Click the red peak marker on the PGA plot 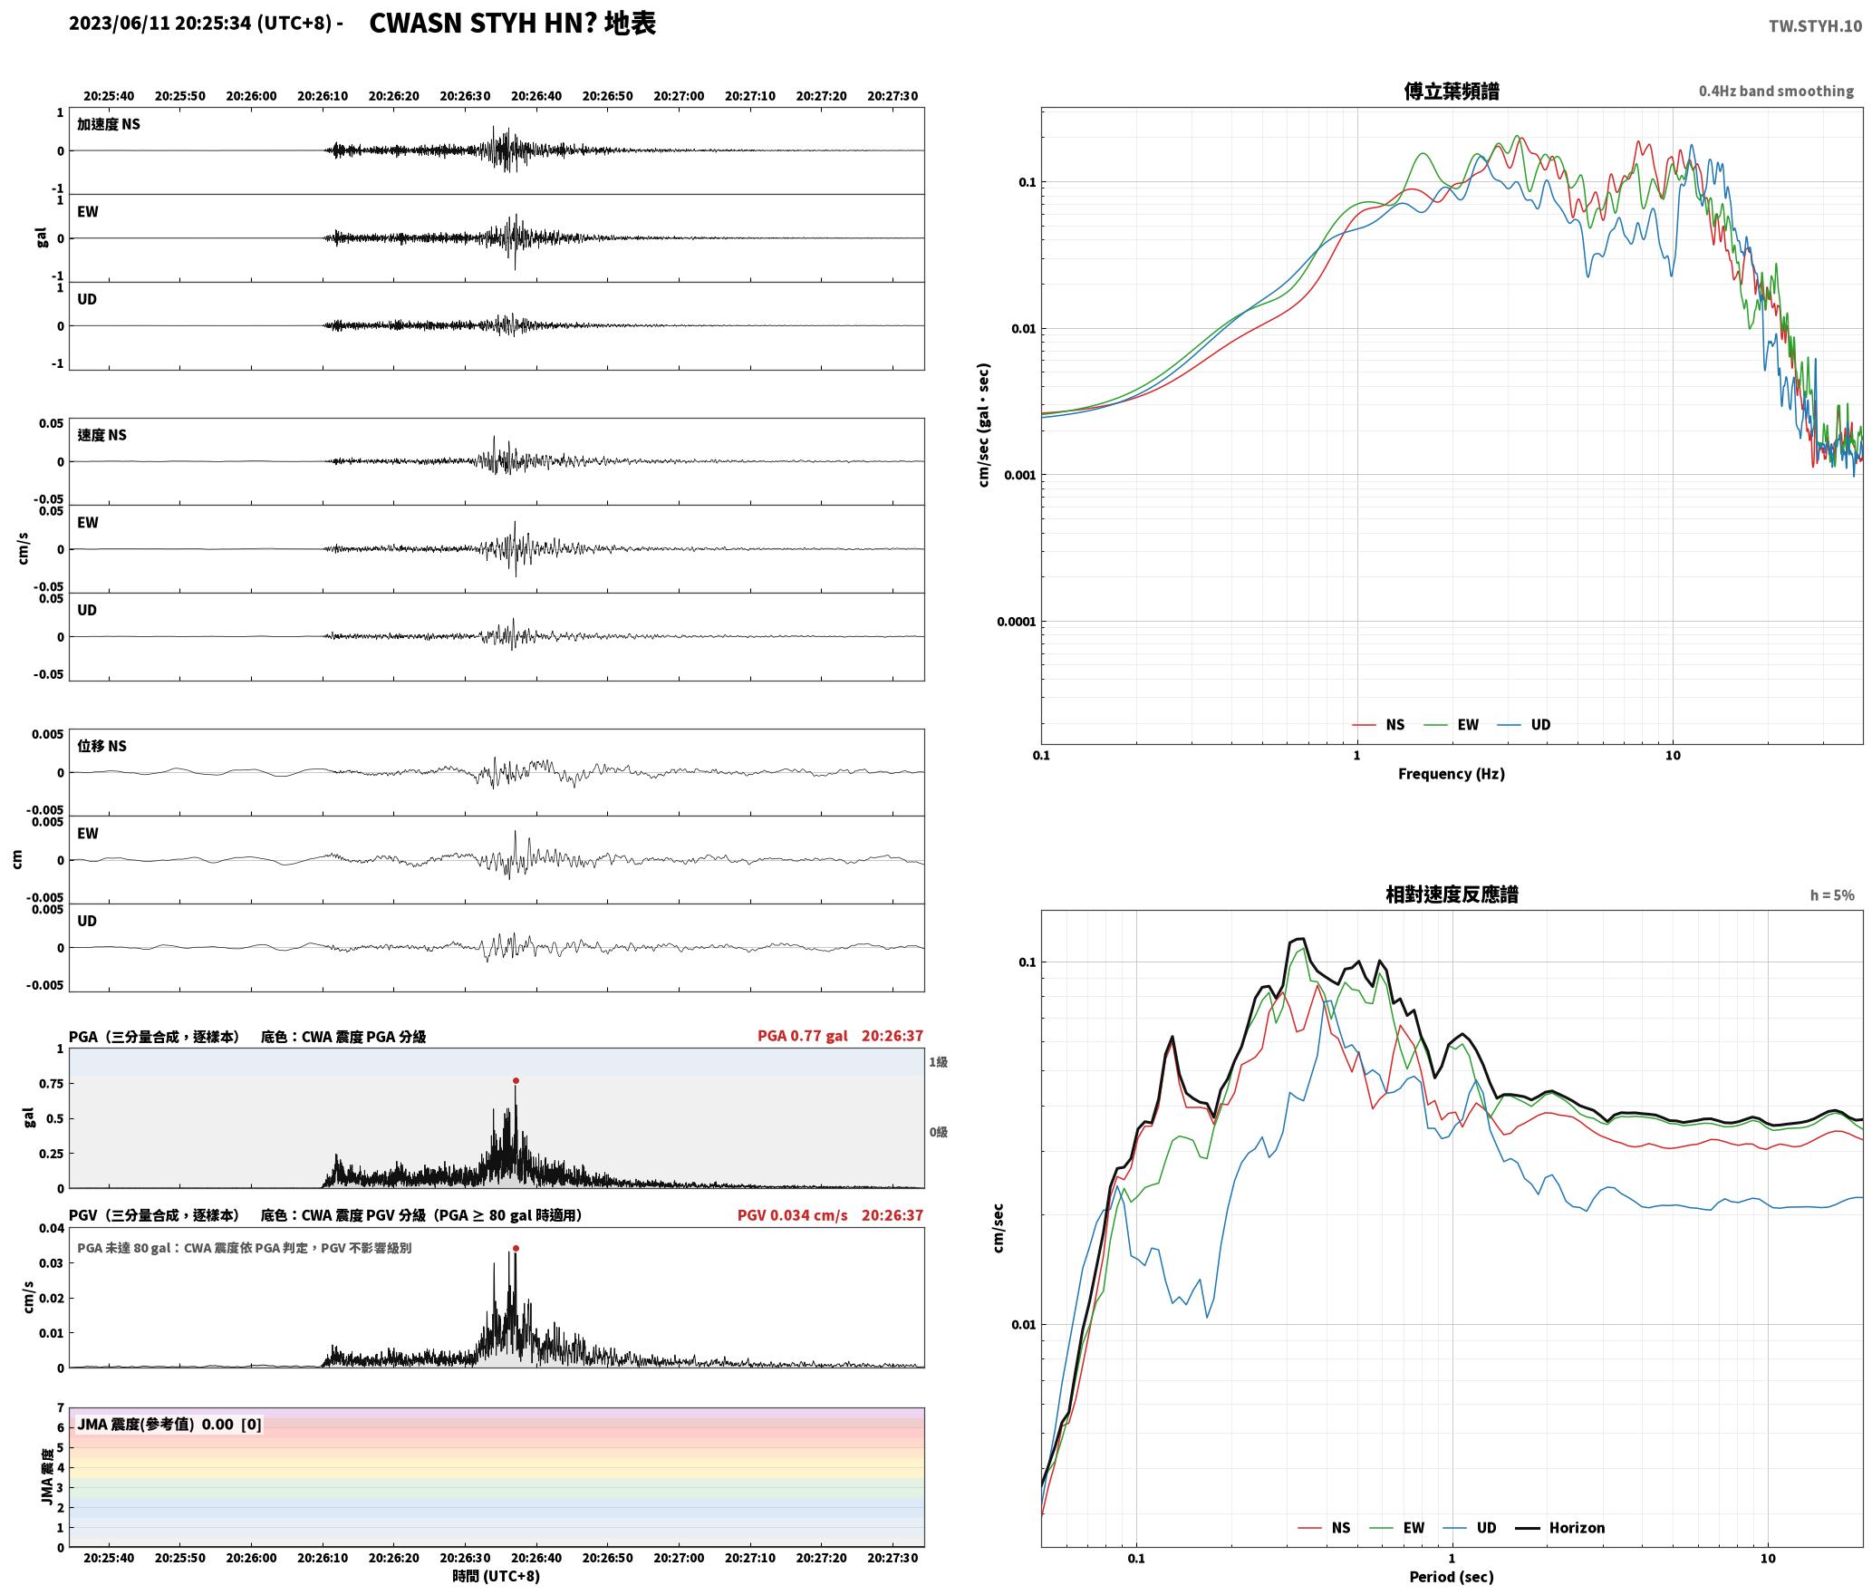coord(516,1080)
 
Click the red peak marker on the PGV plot coord(516,1248)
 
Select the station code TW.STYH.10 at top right coord(1815,25)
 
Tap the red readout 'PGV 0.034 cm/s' coord(793,1215)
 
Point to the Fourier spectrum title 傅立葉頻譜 coord(1452,91)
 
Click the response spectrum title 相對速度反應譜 coord(1452,894)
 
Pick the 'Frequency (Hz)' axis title coord(1452,774)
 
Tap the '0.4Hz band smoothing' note coord(1776,91)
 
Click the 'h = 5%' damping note coord(1832,895)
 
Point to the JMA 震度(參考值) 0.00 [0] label coord(169,1425)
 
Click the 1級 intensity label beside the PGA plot coord(938,1062)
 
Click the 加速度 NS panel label coord(109,124)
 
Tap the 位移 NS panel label coord(101,746)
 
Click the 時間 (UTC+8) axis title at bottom coord(497,1577)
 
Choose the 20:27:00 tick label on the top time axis coord(679,96)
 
